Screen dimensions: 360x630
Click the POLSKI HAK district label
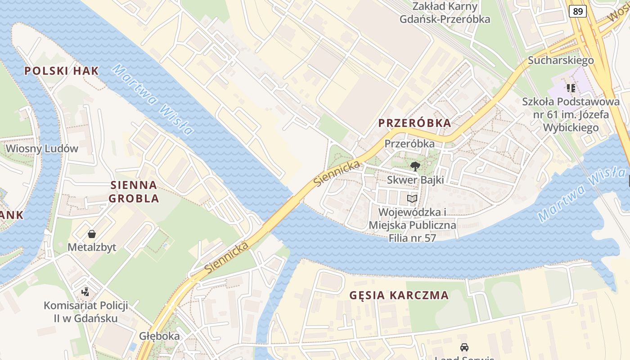(x=61, y=71)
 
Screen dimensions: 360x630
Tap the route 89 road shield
(x=578, y=11)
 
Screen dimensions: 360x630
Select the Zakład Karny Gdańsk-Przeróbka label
(x=445, y=13)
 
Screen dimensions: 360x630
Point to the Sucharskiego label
(x=561, y=60)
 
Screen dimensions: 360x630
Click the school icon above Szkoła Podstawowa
(x=571, y=88)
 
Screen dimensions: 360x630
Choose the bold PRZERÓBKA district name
(x=414, y=123)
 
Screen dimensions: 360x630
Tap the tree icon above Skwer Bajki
(x=415, y=166)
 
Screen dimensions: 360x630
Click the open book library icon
(x=412, y=198)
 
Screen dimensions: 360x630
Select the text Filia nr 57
(x=412, y=238)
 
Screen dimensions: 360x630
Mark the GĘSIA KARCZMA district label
(x=399, y=295)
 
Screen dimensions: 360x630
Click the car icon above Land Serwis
(x=464, y=347)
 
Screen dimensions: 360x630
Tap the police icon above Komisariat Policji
(x=85, y=292)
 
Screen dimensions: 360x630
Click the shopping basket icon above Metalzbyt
(x=92, y=234)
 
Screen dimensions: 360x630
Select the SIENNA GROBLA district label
(x=135, y=191)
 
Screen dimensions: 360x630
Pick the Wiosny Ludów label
(x=42, y=148)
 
